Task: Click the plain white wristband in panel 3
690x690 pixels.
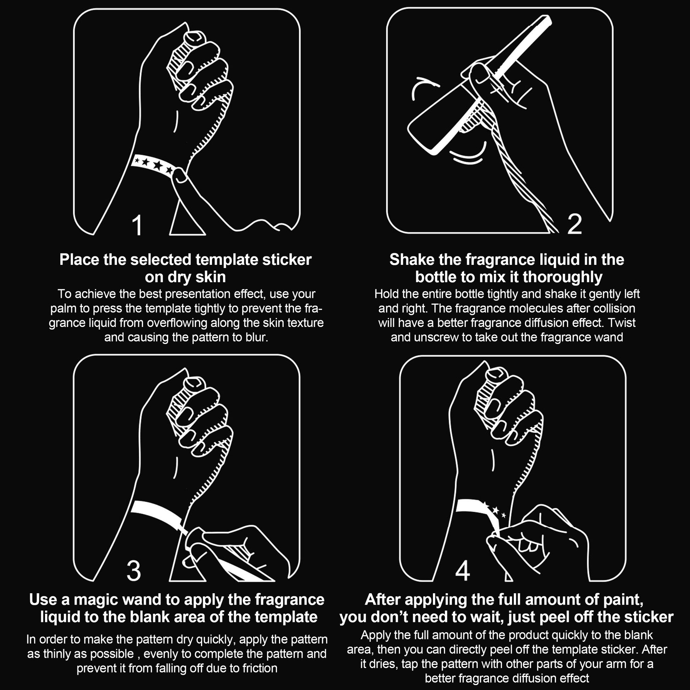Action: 157,514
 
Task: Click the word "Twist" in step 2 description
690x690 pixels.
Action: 622,323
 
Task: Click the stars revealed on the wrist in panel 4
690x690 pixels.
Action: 495,510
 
